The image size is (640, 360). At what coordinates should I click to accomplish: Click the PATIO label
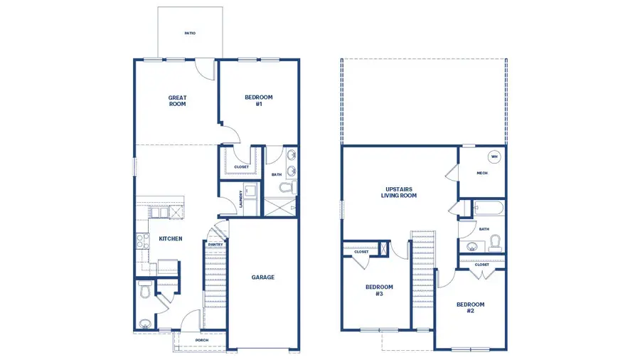tap(190, 33)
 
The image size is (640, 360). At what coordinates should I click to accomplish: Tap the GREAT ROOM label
tap(177, 101)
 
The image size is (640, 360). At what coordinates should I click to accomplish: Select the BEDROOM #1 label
tap(259, 101)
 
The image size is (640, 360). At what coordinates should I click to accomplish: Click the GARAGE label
tap(262, 277)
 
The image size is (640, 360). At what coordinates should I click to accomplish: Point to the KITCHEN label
tap(171, 239)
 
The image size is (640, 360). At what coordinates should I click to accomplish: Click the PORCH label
tap(202, 340)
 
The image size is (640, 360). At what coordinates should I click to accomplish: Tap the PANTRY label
tap(215, 245)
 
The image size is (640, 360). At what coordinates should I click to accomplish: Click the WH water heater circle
tap(494, 157)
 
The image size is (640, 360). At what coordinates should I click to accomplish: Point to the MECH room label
tap(481, 173)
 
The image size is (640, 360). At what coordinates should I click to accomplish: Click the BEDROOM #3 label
tap(379, 290)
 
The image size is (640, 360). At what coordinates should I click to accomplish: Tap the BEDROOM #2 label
tap(470, 307)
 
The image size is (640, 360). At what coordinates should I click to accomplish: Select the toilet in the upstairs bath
tap(496, 244)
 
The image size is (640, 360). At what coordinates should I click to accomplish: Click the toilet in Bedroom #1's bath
tap(287, 189)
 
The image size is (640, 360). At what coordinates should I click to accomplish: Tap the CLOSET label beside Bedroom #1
tap(242, 167)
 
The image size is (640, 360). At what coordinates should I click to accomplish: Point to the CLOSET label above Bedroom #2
tap(481, 265)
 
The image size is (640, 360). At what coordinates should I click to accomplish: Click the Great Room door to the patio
tap(206, 69)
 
